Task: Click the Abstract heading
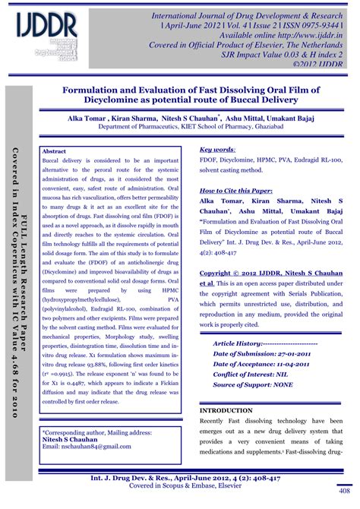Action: (x=55, y=152)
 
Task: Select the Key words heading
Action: (x=216, y=150)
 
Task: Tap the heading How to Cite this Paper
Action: (x=235, y=190)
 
